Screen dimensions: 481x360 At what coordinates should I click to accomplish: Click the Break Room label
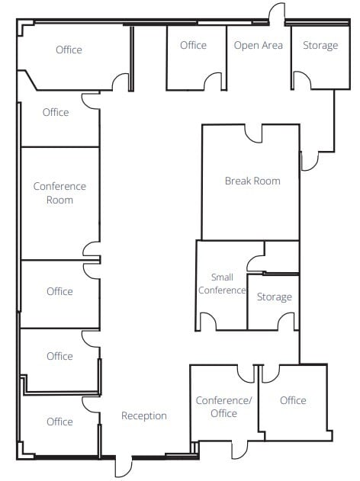(x=252, y=181)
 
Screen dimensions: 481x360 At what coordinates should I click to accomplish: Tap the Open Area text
(x=258, y=46)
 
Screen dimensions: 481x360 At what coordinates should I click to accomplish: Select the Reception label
(x=144, y=416)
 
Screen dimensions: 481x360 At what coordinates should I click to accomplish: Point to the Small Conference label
(x=222, y=284)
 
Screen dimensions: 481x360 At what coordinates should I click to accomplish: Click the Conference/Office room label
(x=223, y=407)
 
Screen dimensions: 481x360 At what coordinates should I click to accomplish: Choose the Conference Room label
(x=59, y=193)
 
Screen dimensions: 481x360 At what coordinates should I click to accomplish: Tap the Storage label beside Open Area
(x=320, y=46)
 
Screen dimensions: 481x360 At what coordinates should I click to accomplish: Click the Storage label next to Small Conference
(x=274, y=297)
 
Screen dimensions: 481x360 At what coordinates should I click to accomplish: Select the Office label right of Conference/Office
(x=293, y=400)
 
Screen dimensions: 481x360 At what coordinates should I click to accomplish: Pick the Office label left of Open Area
(x=193, y=46)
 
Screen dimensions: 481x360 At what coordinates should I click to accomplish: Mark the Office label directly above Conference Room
(x=56, y=113)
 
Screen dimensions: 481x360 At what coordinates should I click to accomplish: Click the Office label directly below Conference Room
(x=59, y=291)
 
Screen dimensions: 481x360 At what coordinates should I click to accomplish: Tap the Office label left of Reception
(x=59, y=422)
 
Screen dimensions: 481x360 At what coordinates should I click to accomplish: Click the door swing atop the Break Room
(x=253, y=133)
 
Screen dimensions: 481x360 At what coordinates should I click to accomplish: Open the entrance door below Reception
(x=124, y=466)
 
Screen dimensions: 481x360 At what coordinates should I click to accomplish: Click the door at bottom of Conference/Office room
(x=241, y=450)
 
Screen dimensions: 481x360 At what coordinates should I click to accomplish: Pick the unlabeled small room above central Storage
(x=281, y=256)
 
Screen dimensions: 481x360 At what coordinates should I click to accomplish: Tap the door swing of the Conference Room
(x=92, y=249)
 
